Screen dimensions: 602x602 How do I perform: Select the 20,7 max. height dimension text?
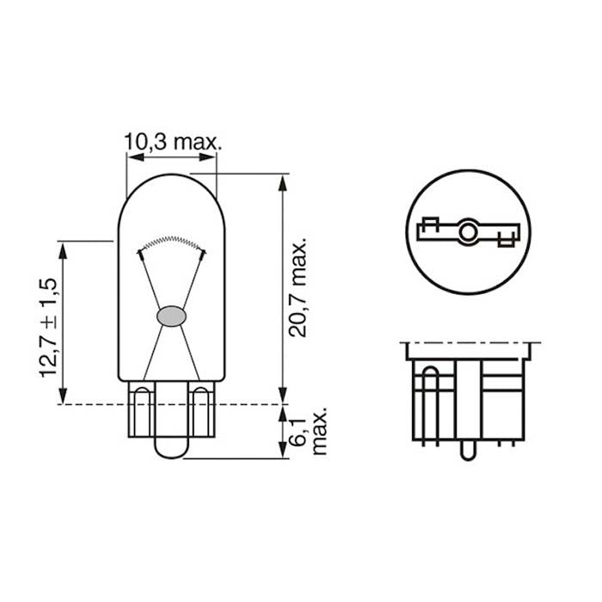coord(300,287)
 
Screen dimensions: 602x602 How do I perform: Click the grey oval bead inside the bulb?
coord(172,316)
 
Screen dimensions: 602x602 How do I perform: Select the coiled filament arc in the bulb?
coord(172,242)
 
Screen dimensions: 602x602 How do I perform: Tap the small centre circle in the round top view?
coord(468,231)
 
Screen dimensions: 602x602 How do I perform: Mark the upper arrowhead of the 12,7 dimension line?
coord(62,248)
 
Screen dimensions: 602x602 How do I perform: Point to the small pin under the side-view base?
coord(467,450)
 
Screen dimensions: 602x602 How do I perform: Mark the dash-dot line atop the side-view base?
coord(470,343)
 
